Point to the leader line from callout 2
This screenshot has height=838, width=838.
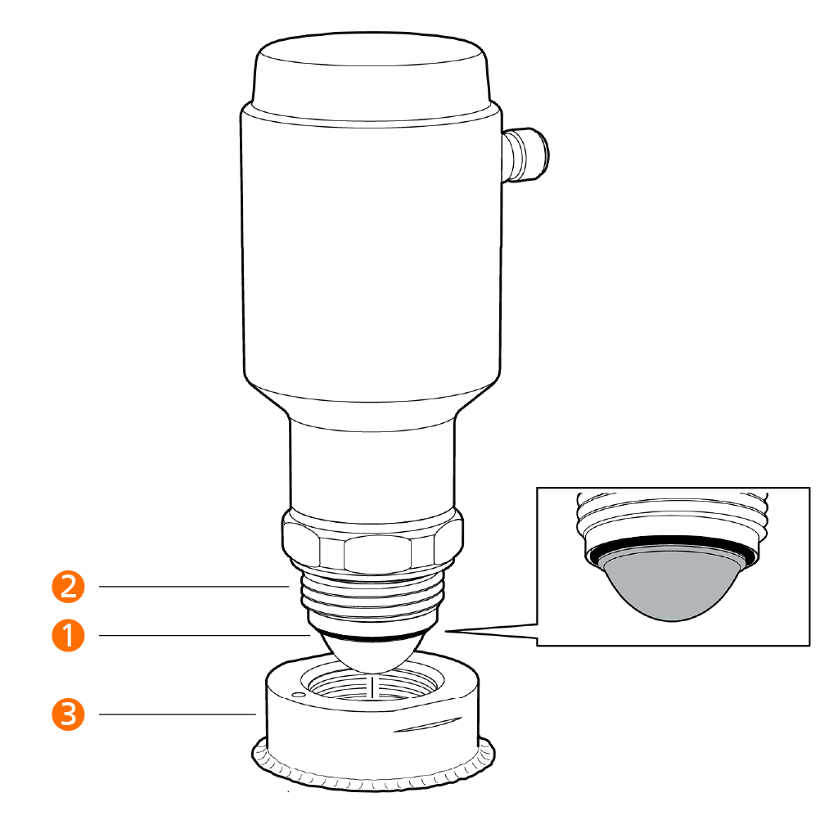click(193, 586)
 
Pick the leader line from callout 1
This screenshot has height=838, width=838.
click(204, 635)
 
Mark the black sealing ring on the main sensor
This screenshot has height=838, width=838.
click(372, 637)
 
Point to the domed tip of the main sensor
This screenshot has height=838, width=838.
click(372, 655)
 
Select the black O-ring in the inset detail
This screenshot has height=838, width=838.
click(673, 547)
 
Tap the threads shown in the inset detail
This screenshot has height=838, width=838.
click(673, 511)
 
